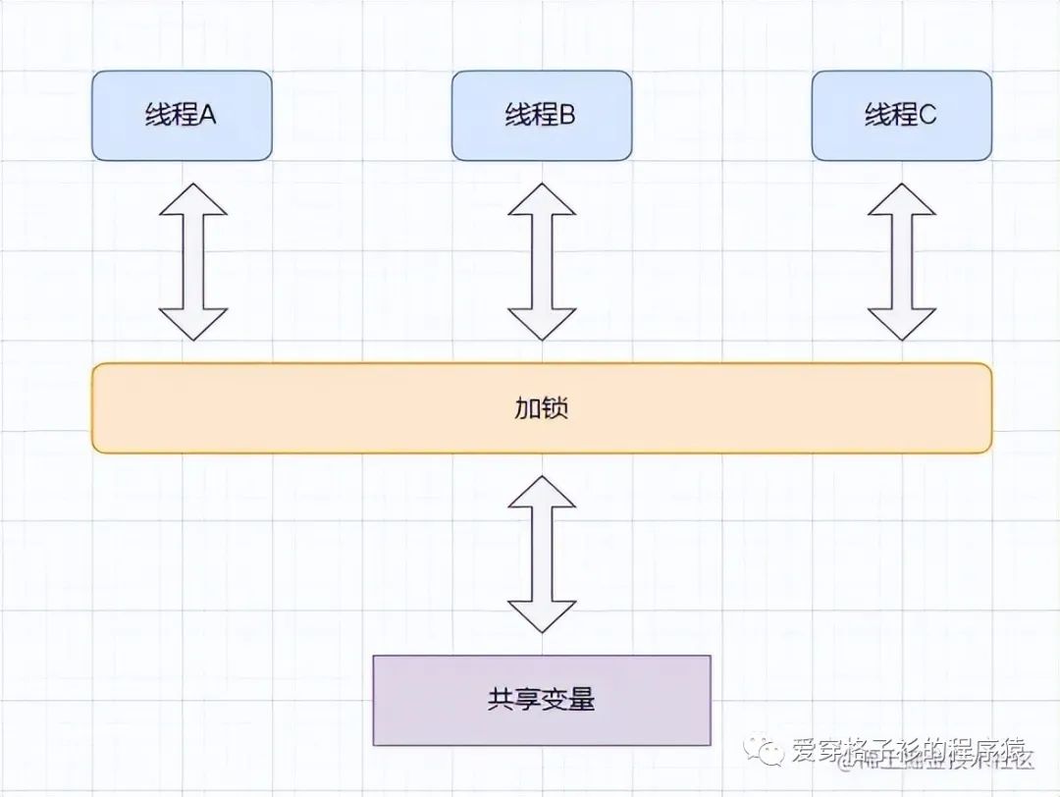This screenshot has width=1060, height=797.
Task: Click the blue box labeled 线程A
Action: [x=182, y=115]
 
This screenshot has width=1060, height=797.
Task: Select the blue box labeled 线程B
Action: [x=542, y=115]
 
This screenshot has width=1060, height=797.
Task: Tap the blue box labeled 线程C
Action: [x=902, y=115]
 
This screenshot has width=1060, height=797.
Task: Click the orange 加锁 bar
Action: [x=542, y=408]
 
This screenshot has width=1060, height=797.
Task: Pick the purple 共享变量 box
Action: [x=542, y=700]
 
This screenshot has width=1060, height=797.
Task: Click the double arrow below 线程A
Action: [x=193, y=261]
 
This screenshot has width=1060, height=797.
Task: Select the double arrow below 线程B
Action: [x=542, y=261]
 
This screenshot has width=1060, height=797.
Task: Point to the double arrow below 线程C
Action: [x=902, y=261]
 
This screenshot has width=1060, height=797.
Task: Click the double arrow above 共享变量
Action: [x=542, y=554]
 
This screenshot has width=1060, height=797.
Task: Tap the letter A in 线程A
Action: [x=208, y=116]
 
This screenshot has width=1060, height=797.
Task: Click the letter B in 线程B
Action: [x=567, y=116]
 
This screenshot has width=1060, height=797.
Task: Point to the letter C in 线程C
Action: [x=927, y=116]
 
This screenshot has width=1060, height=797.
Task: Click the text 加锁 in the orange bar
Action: [x=542, y=408]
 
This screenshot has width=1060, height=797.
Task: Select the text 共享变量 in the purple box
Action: [x=542, y=700]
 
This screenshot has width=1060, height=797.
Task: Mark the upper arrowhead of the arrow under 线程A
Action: [x=193, y=199]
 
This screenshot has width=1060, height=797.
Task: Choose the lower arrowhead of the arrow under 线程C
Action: [x=902, y=323]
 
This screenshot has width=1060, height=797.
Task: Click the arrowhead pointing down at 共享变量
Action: [x=542, y=615]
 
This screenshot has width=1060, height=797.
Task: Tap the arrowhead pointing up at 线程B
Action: [x=542, y=199]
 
